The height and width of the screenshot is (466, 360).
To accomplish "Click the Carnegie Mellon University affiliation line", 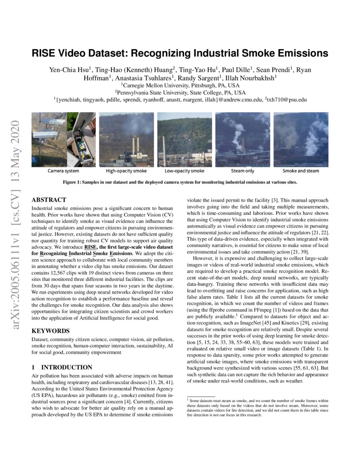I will [180, 85].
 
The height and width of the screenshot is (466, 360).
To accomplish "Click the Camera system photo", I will [63, 139].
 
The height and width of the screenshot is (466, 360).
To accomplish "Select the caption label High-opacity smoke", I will [126, 171].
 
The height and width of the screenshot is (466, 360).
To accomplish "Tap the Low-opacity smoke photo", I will [184, 139].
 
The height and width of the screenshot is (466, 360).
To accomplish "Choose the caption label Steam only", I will [242, 171].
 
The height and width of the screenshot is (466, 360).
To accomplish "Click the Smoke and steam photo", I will [301, 139].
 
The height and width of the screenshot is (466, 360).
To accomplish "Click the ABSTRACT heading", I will [49, 200].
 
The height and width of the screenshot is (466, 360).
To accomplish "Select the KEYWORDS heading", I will [50, 331].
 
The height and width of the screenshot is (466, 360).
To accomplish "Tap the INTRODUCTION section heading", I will [66, 367].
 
